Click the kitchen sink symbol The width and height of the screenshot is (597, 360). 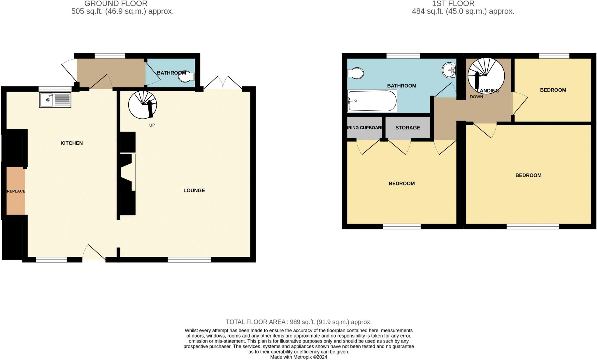click(55, 100)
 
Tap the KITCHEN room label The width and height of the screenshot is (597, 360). click(71, 143)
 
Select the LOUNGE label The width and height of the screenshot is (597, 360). click(194, 190)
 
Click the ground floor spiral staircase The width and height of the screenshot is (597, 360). click(143, 105)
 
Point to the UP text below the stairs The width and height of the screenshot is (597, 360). click(152, 125)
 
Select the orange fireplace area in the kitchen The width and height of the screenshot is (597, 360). click(16, 191)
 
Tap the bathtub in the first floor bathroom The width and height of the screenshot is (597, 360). click(372, 101)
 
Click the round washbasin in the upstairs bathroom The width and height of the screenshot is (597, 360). click(449, 70)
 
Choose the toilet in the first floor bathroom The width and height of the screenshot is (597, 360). click(356, 73)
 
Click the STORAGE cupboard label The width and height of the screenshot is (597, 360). click(408, 128)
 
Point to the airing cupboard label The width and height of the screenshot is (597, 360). click(364, 128)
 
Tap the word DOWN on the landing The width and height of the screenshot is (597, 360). click(476, 97)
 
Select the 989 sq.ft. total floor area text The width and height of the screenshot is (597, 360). click(298, 322)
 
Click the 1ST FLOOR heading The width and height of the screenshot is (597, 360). click(453, 3)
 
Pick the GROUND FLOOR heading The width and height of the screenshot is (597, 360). click(116, 3)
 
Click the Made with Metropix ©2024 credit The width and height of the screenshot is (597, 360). click(298, 357)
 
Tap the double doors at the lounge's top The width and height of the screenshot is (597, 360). click(223, 83)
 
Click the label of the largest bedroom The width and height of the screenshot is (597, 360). click(528, 175)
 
